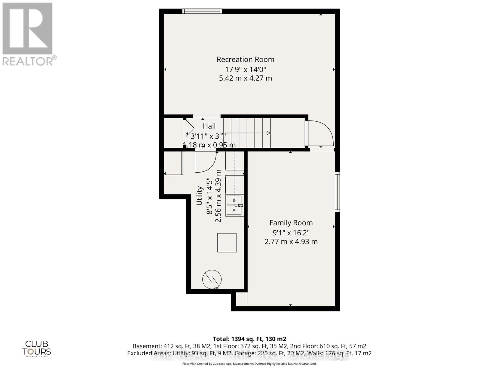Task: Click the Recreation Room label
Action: click(x=245, y=59)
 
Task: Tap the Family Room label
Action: click(x=291, y=223)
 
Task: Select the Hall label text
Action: click(x=209, y=126)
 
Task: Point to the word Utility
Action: click(x=200, y=196)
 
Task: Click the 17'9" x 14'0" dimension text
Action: click(x=245, y=69)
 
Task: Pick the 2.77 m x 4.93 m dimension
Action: click(x=291, y=242)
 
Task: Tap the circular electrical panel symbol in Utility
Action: click(x=212, y=279)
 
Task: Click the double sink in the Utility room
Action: click(x=234, y=205)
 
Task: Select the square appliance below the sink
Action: click(x=227, y=242)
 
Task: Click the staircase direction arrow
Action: click(x=268, y=133)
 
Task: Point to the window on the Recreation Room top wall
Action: click(x=202, y=11)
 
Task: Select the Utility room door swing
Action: click(x=205, y=161)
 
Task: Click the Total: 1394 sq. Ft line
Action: click(x=249, y=339)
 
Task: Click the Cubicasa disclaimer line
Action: click(x=249, y=364)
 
